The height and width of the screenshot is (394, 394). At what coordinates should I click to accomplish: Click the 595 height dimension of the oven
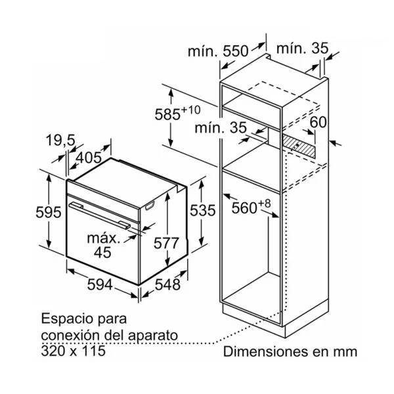click(48, 212)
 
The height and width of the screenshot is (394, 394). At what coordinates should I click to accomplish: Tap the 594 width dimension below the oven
click(100, 285)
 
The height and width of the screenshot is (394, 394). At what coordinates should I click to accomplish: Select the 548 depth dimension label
click(167, 285)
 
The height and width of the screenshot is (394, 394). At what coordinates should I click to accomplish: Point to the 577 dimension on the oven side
click(166, 243)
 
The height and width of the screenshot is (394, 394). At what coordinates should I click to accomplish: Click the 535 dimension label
click(202, 210)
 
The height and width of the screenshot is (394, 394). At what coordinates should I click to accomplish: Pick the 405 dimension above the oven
click(89, 158)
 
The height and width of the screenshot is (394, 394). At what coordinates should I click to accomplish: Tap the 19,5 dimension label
click(60, 140)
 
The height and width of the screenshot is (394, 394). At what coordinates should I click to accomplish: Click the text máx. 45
click(103, 245)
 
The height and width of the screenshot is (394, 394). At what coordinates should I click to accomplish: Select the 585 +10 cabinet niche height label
click(177, 113)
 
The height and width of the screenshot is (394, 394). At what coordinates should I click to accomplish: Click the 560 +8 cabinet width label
click(251, 207)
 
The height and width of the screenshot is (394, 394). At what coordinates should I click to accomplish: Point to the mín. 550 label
click(218, 51)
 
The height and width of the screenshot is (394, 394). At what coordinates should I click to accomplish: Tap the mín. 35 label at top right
click(302, 48)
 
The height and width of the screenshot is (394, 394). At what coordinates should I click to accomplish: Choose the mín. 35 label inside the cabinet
click(221, 127)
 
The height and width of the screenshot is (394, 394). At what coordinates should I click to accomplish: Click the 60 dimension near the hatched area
click(318, 122)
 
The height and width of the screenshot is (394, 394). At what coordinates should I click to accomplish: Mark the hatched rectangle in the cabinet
click(298, 146)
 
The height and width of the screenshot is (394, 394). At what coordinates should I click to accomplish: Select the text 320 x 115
click(73, 351)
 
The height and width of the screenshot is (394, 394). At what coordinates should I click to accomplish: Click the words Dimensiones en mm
click(290, 351)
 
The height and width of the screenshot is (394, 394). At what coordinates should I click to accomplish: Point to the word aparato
click(153, 336)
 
